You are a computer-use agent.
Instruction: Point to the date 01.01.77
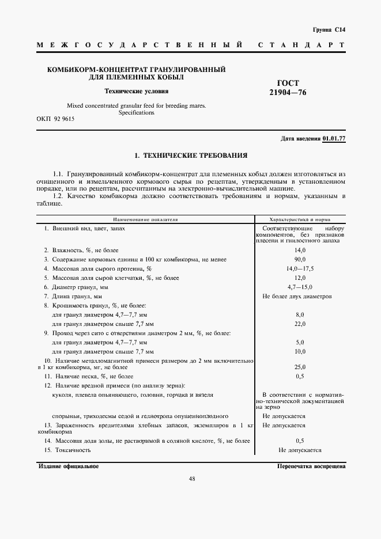[x=334, y=139]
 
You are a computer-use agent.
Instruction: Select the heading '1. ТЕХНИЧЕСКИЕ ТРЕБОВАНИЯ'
[x=190, y=155]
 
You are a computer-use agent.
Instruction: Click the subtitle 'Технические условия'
[x=136, y=90]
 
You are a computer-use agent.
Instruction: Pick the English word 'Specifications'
[x=136, y=113]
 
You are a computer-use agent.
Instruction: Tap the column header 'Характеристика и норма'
[x=300, y=219]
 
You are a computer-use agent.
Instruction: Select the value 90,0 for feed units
[x=300, y=259]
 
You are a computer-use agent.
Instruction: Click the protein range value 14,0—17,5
[x=300, y=268]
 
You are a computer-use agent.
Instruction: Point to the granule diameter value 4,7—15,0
[x=300, y=287]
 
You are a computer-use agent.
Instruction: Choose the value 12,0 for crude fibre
[x=300, y=278]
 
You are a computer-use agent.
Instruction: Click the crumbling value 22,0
[x=300, y=324]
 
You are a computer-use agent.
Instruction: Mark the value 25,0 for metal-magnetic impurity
[x=300, y=366]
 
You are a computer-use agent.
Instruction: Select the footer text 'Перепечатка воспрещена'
[x=311, y=466]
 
